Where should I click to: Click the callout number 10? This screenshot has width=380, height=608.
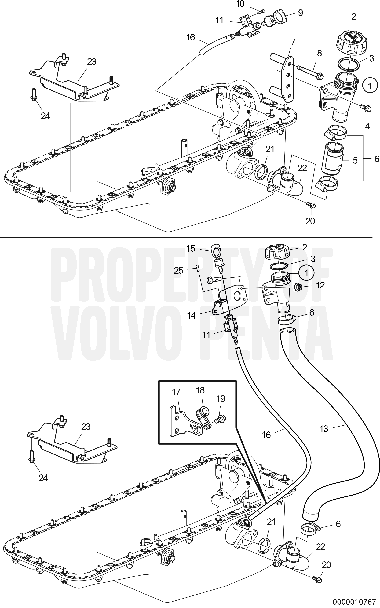240,4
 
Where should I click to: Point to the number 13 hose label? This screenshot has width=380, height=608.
324,429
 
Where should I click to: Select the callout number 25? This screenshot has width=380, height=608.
179,270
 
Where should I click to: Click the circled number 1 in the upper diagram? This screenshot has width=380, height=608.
370,86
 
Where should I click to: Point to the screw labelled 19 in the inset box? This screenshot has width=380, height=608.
221,419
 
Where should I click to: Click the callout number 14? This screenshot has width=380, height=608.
191,315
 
